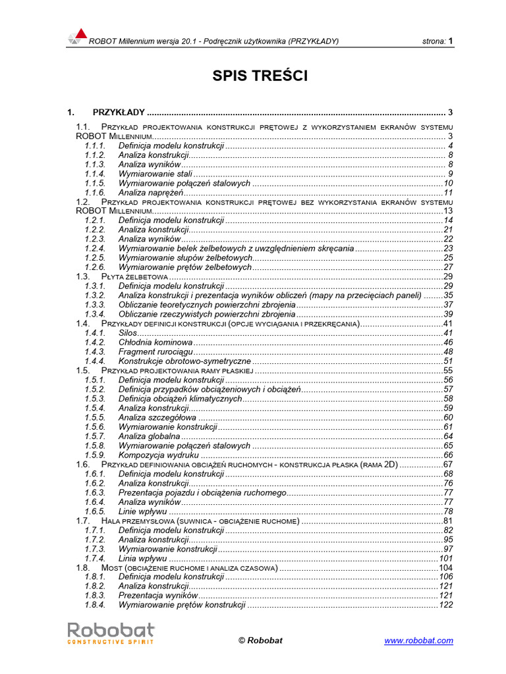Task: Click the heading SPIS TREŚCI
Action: (260, 76)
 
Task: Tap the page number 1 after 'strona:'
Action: (451, 41)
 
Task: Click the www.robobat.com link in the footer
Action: (418, 640)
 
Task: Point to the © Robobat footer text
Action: (260, 640)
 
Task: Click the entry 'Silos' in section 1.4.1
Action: (128, 333)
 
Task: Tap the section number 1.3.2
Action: (95, 296)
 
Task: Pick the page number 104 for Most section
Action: (445, 567)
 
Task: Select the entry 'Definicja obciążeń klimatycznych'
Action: (181, 399)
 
